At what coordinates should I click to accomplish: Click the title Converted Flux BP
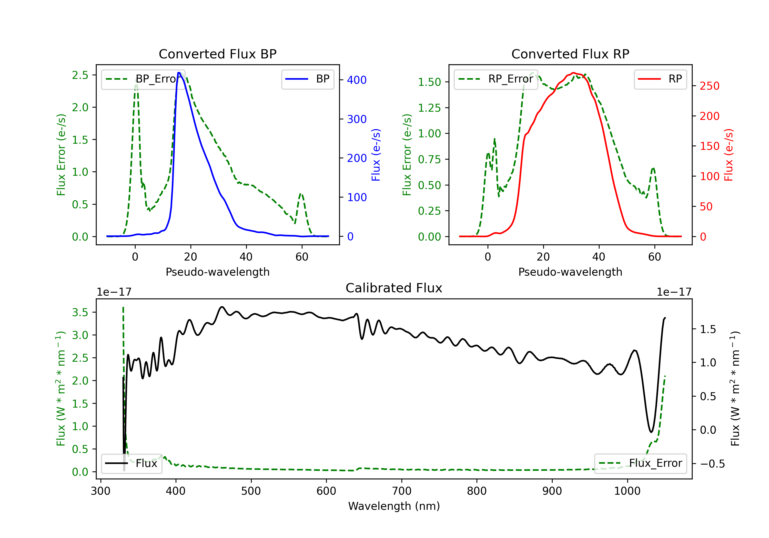tap(217, 54)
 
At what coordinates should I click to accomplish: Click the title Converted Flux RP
tap(570, 54)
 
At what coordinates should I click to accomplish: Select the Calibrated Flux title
tap(394, 288)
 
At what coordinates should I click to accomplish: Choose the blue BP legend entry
tap(307, 79)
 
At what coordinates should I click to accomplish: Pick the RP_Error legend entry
tap(496, 79)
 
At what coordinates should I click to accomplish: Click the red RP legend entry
tap(660, 79)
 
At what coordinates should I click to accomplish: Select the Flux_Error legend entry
tap(640, 463)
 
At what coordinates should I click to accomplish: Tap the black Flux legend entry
tap(131, 463)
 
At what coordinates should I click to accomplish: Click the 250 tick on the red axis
tap(709, 86)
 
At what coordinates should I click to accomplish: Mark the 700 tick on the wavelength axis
tap(402, 491)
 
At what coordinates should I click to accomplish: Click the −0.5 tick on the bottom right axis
tap(712, 464)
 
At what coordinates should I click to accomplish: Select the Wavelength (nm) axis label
tap(394, 506)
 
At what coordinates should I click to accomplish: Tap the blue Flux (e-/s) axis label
tap(376, 155)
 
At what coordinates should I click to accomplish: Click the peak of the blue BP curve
tap(179, 73)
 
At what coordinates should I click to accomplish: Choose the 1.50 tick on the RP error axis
tap(429, 82)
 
